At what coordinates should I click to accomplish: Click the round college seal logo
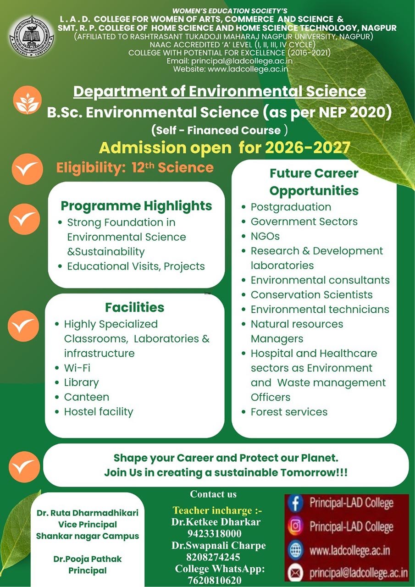pyautogui.click(x=32, y=36)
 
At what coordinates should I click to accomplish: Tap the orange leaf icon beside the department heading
pyautogui.click(x=27, y=100)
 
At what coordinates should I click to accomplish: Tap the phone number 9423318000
pyautogui.click(x=214, y=533)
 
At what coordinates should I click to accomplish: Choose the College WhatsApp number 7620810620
pyautogui.click(x=214, y=580)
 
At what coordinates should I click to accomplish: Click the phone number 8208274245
pyautogui.click(x=213, y=557)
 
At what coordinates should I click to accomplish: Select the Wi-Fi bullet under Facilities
pyautogui.click(x=77, y=368)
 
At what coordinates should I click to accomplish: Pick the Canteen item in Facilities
pyautogui.click(x=87, y=397)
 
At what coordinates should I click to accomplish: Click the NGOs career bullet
pyautogui.click(x=265, y=236)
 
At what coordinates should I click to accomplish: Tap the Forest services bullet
pyautogui.click(x=289, y=412)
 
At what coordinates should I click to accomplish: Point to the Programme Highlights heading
pyautogui.click(x=136, y=206)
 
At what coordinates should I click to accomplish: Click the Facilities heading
pyautogui.click(x=135, y=307)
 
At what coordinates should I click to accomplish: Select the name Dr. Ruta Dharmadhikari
pyautogui.click(x=88, y=513)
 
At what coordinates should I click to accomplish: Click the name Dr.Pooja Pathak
pyautogui.click(x=88, y=559)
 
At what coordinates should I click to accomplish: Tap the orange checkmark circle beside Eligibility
pyautogui.click(x=27, y=169)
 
